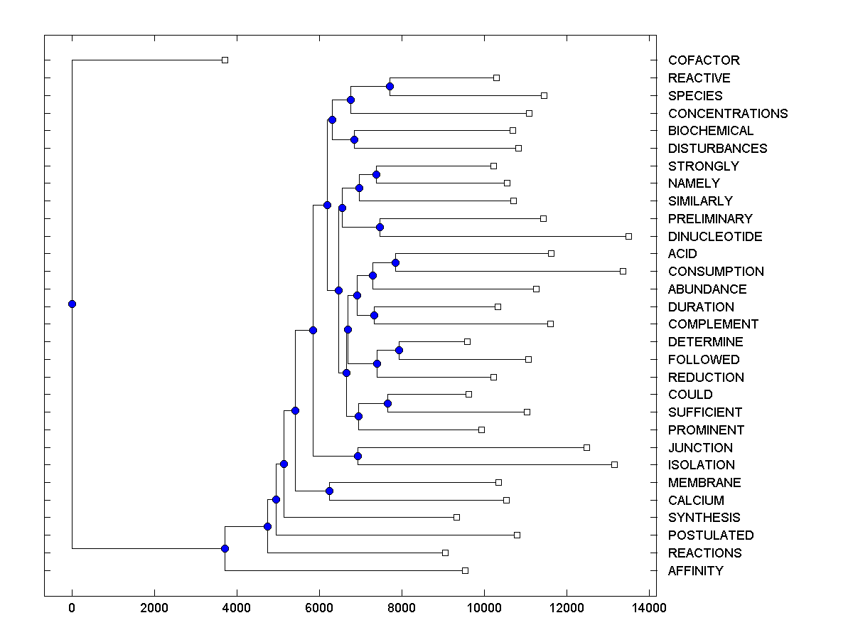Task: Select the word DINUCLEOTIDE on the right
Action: pyautogui.click(x=715, y=237)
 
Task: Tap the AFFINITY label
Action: pyautogui.click(x=696, y=571)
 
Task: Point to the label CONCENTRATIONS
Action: pyautogui.click(x=728, y=114)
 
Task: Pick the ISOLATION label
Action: pyautogui.click(x=702, y=465)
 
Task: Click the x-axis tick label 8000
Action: pyautogui.click(x=402, y=608)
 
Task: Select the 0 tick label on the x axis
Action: pyautogui.click(x=72, y=608)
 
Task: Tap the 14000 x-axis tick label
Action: pyautogui.click(x=649, y=608)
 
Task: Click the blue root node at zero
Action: pyautogui.click(x=72, y=304)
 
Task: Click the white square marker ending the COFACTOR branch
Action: pyautogui.click(x=225, y=60)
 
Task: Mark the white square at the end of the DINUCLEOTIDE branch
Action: pyautogui.click(x=628, y=236)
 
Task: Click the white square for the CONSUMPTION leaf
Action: pyautogui.click(x=623, y=271)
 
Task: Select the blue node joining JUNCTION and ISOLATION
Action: pyautogui.click(x=358, y=456)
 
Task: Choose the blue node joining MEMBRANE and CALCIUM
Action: pyautogui.click(x=329, y=491)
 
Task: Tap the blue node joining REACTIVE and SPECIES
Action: pyautogui.click(x=390, y=86)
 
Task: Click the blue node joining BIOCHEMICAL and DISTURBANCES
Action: pyautogui.click(x=354, y=139)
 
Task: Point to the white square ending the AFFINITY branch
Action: pyautogui.click(x=465, y=570)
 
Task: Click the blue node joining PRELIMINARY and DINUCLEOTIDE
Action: pyautogui.click(x=380, y=227)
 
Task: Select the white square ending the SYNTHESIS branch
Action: pyautogui.click(x=456, y=517)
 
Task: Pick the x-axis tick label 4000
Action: pyautogui.click(x=237, y=608)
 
